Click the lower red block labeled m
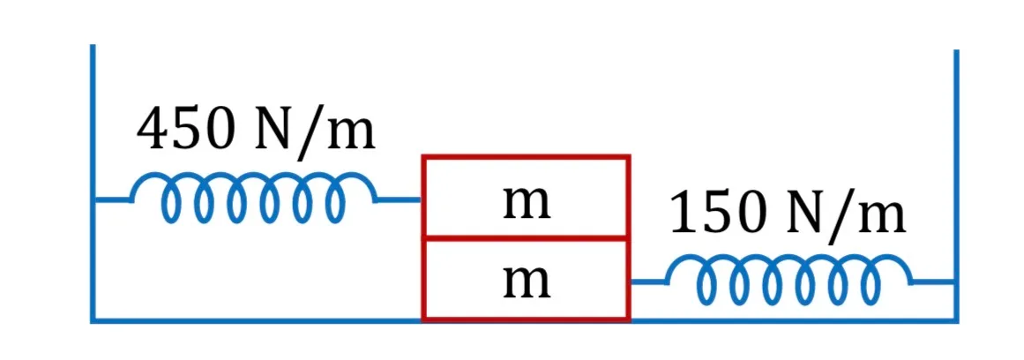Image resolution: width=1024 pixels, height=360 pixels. (x=526, y=280)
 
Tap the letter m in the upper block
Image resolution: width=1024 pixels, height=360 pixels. (x=527, y=203)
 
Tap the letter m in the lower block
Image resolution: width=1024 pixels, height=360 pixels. (x=527, y=283)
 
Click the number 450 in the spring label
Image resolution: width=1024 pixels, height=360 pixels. (x=185, y=130)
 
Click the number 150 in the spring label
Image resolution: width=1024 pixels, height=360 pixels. (x=717, y=213)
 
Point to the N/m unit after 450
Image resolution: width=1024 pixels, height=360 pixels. (x=313, y=131)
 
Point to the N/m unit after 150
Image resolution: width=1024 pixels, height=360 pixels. (x=845, y=214)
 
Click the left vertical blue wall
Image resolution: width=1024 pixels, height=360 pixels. (x=93, y=183)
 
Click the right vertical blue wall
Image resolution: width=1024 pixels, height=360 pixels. (x=956, y=185)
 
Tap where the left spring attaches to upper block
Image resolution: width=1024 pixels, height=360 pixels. (x=422, y=200)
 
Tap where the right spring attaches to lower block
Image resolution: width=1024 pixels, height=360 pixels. (x=631, y=282)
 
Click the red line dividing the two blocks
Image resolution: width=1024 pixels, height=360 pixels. (x=526, y=238)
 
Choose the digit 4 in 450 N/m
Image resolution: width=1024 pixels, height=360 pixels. (x=153, y=130)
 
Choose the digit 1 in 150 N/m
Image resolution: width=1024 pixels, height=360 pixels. (x=684, y=213)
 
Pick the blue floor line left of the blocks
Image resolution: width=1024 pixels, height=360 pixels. (x=257, y=319)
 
